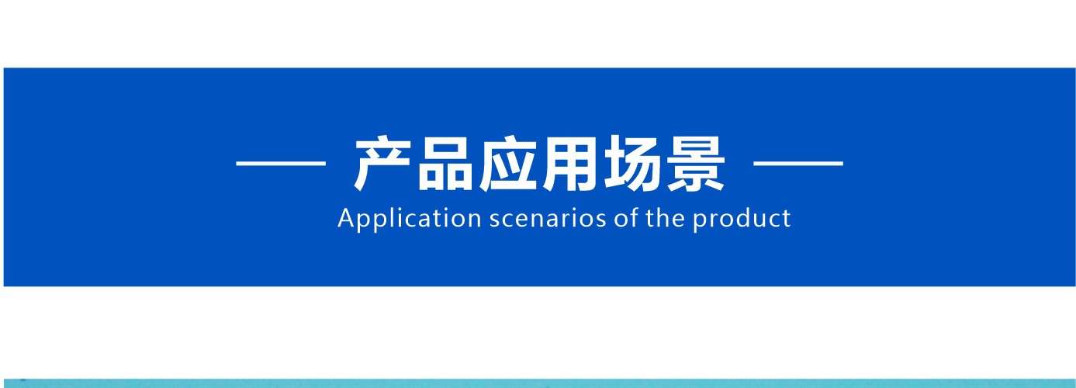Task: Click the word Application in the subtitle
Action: (410, 220)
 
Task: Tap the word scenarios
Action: (548, 220)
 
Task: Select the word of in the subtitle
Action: (625, 218)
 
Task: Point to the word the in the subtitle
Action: (664, 218)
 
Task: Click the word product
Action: (741, 220)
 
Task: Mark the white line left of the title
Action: (281, 164)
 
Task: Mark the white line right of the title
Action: (797, 164)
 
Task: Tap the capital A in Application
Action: (346, 218)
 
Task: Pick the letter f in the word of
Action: (633, 217)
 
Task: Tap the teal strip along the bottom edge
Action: (538, 383)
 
